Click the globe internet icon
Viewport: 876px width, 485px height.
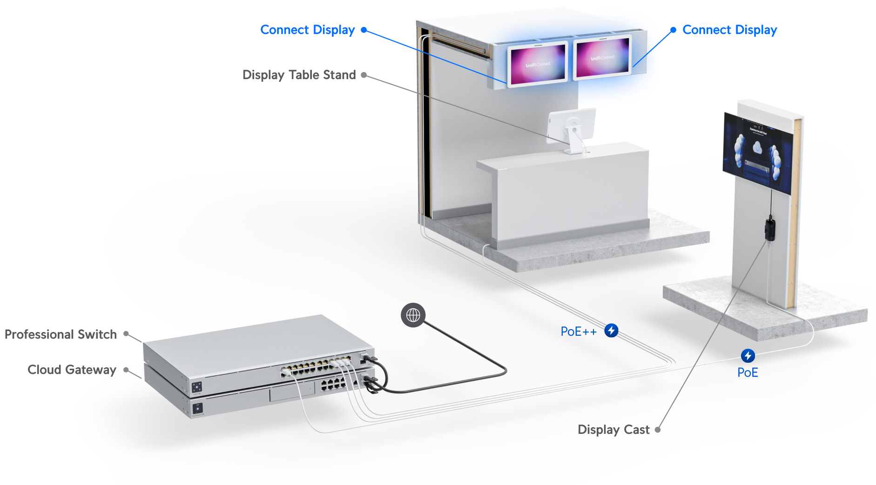[413, 315]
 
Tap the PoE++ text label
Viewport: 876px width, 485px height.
[579, 332]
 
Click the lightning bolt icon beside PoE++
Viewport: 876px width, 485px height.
[611, 331]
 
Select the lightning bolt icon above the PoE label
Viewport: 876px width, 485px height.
[748, 356]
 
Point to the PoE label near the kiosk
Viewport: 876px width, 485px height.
[748, 372]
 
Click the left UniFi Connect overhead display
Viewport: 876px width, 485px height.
[537, 64]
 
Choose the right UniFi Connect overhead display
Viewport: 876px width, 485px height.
[602, 58]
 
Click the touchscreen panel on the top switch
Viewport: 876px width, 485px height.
[196, 386]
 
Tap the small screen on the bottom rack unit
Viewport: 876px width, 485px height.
[198, 408]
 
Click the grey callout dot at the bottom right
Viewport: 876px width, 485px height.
[658, 430]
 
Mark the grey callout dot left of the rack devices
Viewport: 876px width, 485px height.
[126, 370]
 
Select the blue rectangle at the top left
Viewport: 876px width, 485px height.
[331, 35]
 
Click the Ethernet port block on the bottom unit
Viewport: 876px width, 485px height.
[332, 384]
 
